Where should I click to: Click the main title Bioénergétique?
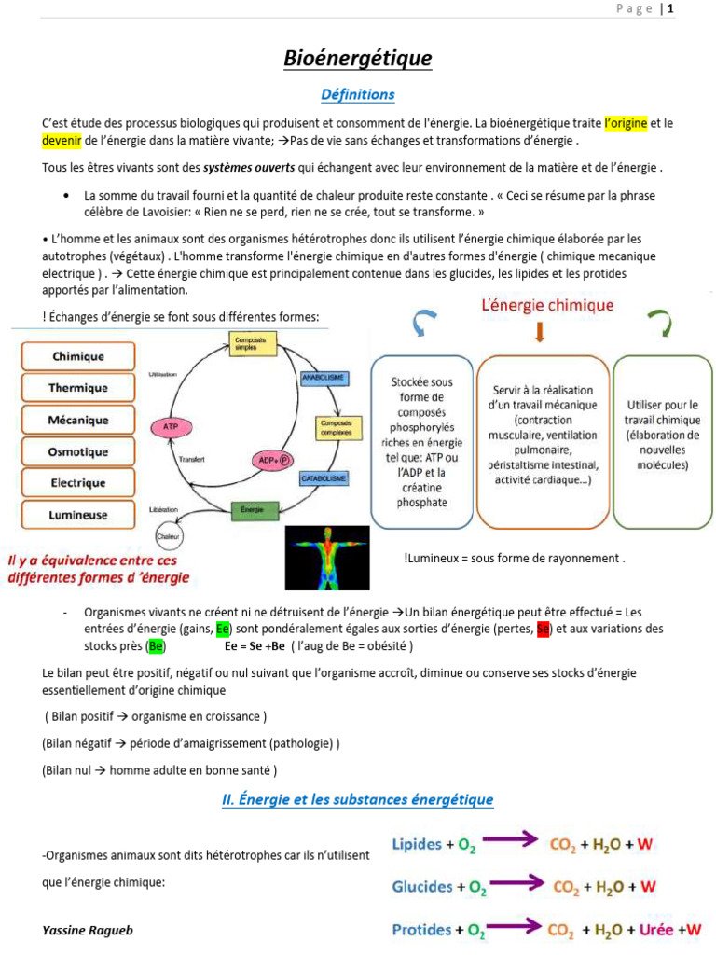358,60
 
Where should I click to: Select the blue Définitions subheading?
358,94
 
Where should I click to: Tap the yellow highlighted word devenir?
62,140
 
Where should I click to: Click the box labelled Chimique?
78,356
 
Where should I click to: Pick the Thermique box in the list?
78,388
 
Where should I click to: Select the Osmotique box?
78,452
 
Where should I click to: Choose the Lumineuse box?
78,515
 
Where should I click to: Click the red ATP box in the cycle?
171,426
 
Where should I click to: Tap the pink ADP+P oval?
272,461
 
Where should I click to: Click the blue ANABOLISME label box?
324,378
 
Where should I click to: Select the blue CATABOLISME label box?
324,478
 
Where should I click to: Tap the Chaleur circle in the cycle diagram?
169,537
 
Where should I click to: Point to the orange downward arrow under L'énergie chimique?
540,331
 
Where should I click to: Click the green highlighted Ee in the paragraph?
223,629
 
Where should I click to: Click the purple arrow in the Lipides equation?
506,840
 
